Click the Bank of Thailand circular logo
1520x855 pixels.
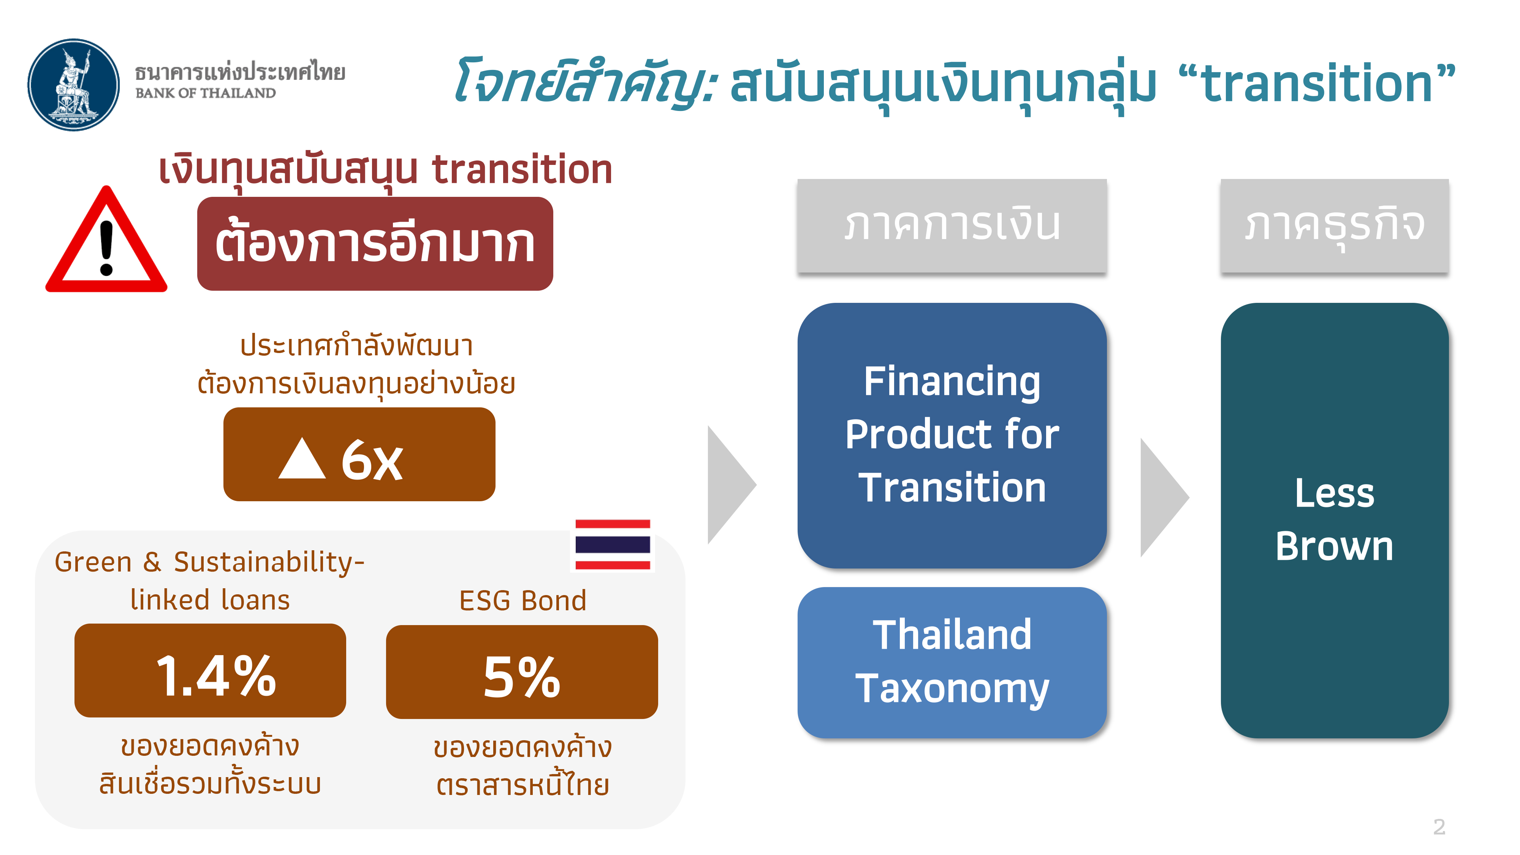[x=74, y=85]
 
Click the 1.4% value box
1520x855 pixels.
[x=210, y=670]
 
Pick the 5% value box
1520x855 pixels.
[x=522, y=672]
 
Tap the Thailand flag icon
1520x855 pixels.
[x=613, y=545]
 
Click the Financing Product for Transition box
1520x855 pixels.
[x=952, y=435]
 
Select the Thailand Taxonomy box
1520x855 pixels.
[x=952, y=663]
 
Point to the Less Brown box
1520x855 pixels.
[x=1334, y=521]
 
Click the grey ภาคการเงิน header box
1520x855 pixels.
[x=952, y=225]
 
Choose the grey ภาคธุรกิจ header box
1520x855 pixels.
[x=1334, y=225]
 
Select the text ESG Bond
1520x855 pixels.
[x=523, y=601]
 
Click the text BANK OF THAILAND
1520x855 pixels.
[x=205, y=93]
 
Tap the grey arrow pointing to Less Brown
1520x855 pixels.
[x=1165, y=497]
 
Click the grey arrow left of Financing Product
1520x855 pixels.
[x=731, y=484]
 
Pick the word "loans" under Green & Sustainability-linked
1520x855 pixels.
[x=255, y=600]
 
